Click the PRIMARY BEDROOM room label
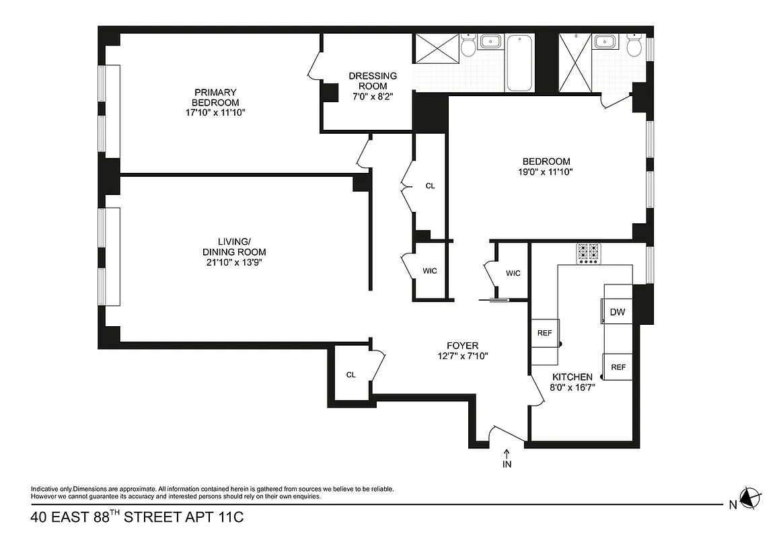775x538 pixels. [215, 97]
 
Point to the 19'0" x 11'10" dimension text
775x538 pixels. [546, 172]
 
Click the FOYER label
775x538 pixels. [462, 346]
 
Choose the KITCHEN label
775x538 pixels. [572, 377]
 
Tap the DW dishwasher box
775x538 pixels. [617, 312]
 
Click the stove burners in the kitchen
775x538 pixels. [587, 254]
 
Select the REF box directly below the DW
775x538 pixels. [618, 367]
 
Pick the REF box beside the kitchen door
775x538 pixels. [544, 333]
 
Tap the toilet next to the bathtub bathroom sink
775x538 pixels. [469, 45]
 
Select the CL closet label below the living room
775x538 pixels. [350, 375]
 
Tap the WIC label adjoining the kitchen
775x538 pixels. [513, 273]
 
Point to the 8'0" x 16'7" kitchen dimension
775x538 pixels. [572, 387]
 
